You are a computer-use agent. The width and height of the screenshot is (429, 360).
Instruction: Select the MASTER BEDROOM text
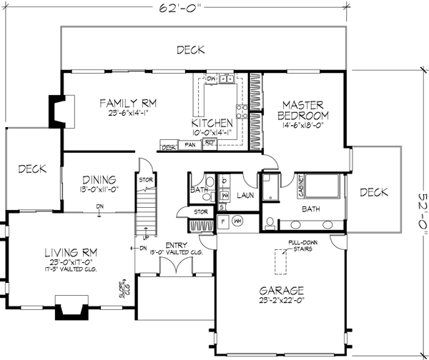pos(304,109)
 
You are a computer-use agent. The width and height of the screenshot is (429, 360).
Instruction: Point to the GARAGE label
pos(282,291)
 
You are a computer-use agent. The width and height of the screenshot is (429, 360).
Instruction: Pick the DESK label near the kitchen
pos(169,148)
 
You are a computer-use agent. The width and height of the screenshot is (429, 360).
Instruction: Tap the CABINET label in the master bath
pos(302,187)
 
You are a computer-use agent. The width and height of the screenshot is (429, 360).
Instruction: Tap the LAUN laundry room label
pos(247,194)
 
